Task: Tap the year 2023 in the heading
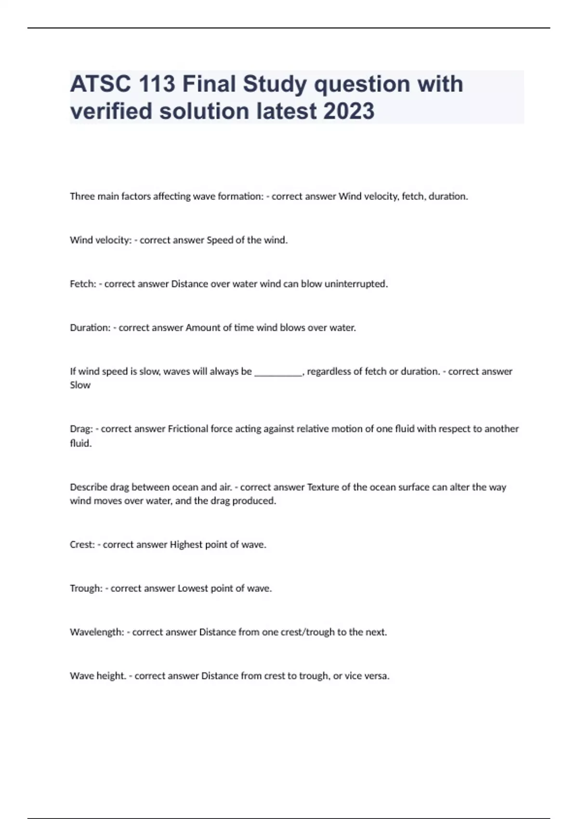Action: click(349, 111)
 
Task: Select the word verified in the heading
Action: click(111, 111)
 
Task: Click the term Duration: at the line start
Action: click(90, 328)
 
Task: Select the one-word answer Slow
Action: click(80, 385)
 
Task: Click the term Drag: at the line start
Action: click(81, 429)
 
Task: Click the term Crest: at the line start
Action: click(82, 545)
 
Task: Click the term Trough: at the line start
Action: click(86, 589)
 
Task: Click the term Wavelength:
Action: click(97, 632)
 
